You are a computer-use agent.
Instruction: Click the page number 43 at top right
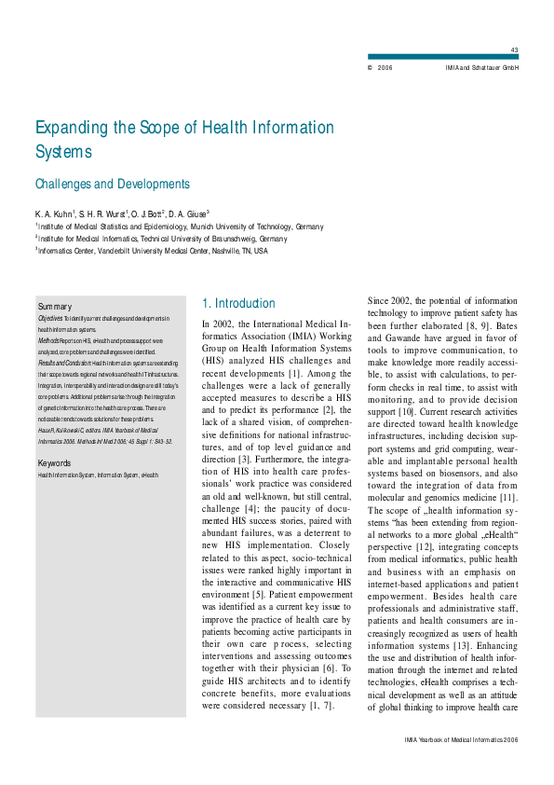515,49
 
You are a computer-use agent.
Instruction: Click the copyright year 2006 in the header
385,68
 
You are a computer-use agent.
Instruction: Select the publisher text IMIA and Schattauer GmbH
482,68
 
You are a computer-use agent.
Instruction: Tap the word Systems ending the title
63,151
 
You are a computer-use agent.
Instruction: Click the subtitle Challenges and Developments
112,185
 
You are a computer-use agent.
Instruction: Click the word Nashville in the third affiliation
216,251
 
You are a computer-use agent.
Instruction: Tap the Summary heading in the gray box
55,307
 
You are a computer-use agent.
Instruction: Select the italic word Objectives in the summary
51,319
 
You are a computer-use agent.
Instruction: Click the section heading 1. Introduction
238,303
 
